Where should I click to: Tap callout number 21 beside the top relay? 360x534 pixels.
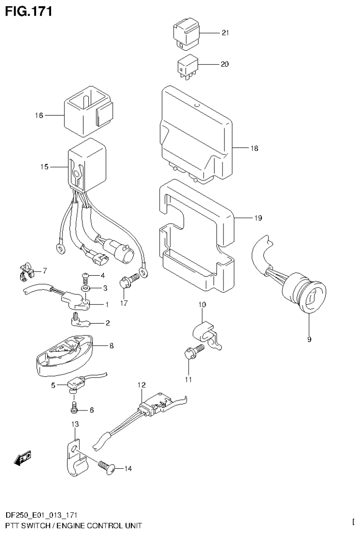coord(225,33)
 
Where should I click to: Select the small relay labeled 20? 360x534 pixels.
coord(187,66)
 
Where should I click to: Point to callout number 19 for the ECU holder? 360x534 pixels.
coord(258,218)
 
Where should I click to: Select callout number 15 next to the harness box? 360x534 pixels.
coord(45,166)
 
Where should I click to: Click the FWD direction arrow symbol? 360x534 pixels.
coord(23,458)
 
